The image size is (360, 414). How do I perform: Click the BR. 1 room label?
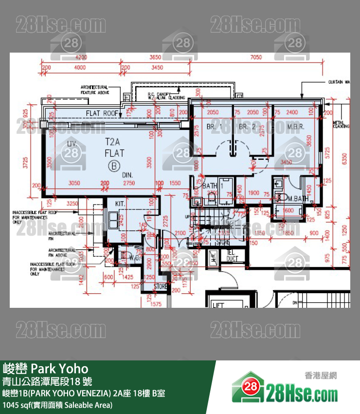(215, 127)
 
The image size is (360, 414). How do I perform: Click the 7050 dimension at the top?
(269, 57)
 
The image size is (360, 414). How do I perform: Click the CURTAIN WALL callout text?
(339, 83)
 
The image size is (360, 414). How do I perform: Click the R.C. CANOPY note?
(160, 95)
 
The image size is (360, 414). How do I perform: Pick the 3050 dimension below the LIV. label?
(74, 183)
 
